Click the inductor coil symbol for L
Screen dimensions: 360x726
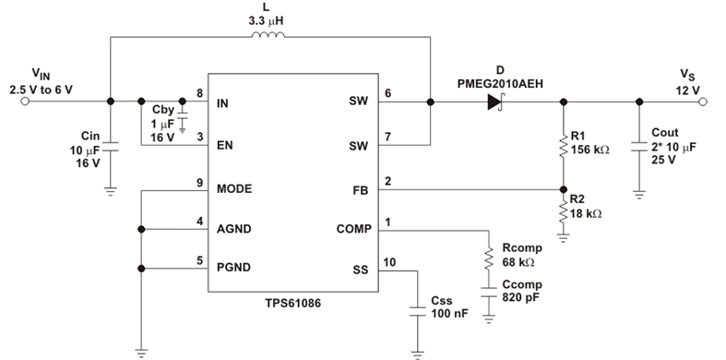[268, 36]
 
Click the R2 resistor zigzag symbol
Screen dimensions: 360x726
[562, 213]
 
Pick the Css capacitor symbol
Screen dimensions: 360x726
[418, 309]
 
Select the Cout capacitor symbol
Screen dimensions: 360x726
[638, 145]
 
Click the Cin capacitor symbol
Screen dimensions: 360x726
[110, 145]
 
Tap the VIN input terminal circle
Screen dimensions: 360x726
[24, 102]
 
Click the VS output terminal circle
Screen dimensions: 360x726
[703, 102]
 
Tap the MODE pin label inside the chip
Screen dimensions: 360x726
[234, 188]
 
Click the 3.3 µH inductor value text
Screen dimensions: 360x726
[268, 18]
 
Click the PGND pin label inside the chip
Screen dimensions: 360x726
[234, 269]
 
